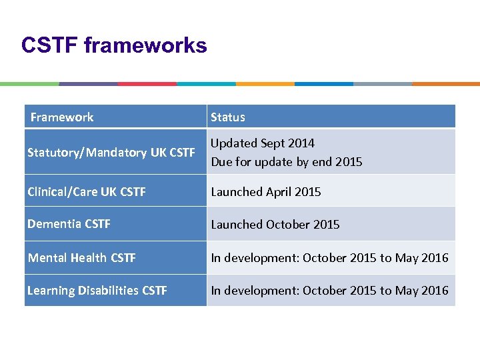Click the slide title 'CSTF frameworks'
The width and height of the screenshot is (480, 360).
pyautogui.click(x=114, y=45)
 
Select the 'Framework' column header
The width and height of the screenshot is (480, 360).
pyautogui.click(x=62, y=117)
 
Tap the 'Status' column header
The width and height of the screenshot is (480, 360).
pyautogui.click(x=228, y=117)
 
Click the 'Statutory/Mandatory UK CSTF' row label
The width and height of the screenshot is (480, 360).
pyautogui.click(x=111, y=153)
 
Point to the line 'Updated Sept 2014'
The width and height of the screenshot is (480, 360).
pyautogui.click(x=263, y=143)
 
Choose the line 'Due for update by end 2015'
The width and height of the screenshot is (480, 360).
pyautogui.click(x=287, y=162)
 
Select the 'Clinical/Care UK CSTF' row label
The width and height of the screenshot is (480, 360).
pyautogui.click(x=87, y=192)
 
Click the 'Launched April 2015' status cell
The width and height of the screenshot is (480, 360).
pyautogui.click(x=266, y=192)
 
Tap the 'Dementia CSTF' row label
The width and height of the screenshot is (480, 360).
pyautogui.click(x=69, y=224)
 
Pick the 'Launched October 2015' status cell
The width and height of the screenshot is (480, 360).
pyautogui.click(x=275, y=225)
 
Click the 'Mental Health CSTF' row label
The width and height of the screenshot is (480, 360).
pyautogui.click(x=81, y=257)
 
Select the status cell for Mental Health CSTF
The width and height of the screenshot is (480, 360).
pyautogui.click(x=330, y=257)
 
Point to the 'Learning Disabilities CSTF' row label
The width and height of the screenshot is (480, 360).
pyautogui.click(x=97, y=291)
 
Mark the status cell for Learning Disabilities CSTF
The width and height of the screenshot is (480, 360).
pyautogui.click(x=330, y=291)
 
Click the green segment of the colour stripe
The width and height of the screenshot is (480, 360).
pyautogui.click(x=29, y=84)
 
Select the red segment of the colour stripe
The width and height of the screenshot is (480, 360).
pyautogui.click(x=147, y=84)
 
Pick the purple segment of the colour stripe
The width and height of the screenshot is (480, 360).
pyautogui.click(x=88, y=84)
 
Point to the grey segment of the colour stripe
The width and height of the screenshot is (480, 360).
pyautogui.click(x=383, y=84)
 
